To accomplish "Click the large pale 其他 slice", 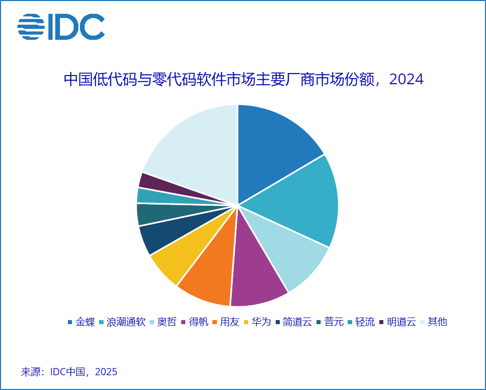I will tap(194, 148).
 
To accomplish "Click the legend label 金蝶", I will tap(85, 322).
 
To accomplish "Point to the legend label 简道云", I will tap(297, 322).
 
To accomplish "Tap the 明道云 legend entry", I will tap(401, 322).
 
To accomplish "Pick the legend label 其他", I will tap(437, 322).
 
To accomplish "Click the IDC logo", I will tap(61, 27).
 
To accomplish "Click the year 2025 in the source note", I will tap(106, 372).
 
